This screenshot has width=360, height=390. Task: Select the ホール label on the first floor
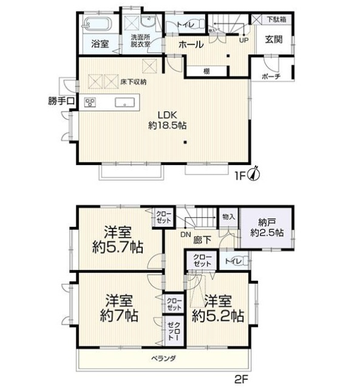pos(191,44)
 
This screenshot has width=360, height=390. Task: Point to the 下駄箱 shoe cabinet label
pos(277,19)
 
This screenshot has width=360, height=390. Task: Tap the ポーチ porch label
pos(271,76)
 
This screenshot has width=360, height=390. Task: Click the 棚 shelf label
pos(207,71)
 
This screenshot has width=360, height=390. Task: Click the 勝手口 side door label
pos(60,101)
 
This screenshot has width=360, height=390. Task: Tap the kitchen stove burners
pos(90,102)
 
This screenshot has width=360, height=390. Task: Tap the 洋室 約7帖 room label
pos(119,308)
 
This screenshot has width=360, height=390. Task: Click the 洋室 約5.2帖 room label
pos(218,308)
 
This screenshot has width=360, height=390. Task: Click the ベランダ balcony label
pos(165,358)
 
